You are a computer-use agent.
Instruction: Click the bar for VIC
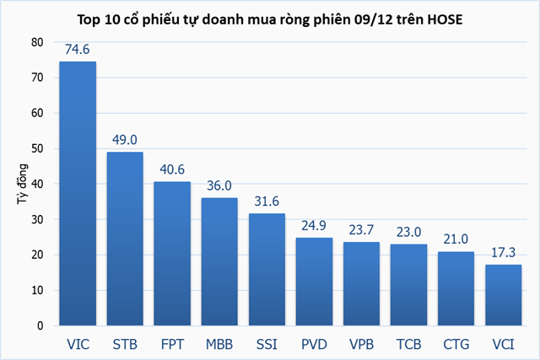(x=77, y=193)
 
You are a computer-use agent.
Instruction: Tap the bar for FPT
(x=172, y=253)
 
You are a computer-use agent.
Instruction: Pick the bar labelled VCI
(x=504, y=294)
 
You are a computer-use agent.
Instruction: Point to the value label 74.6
(x=77, y=51)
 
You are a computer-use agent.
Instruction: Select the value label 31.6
(x=267, y=202)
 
